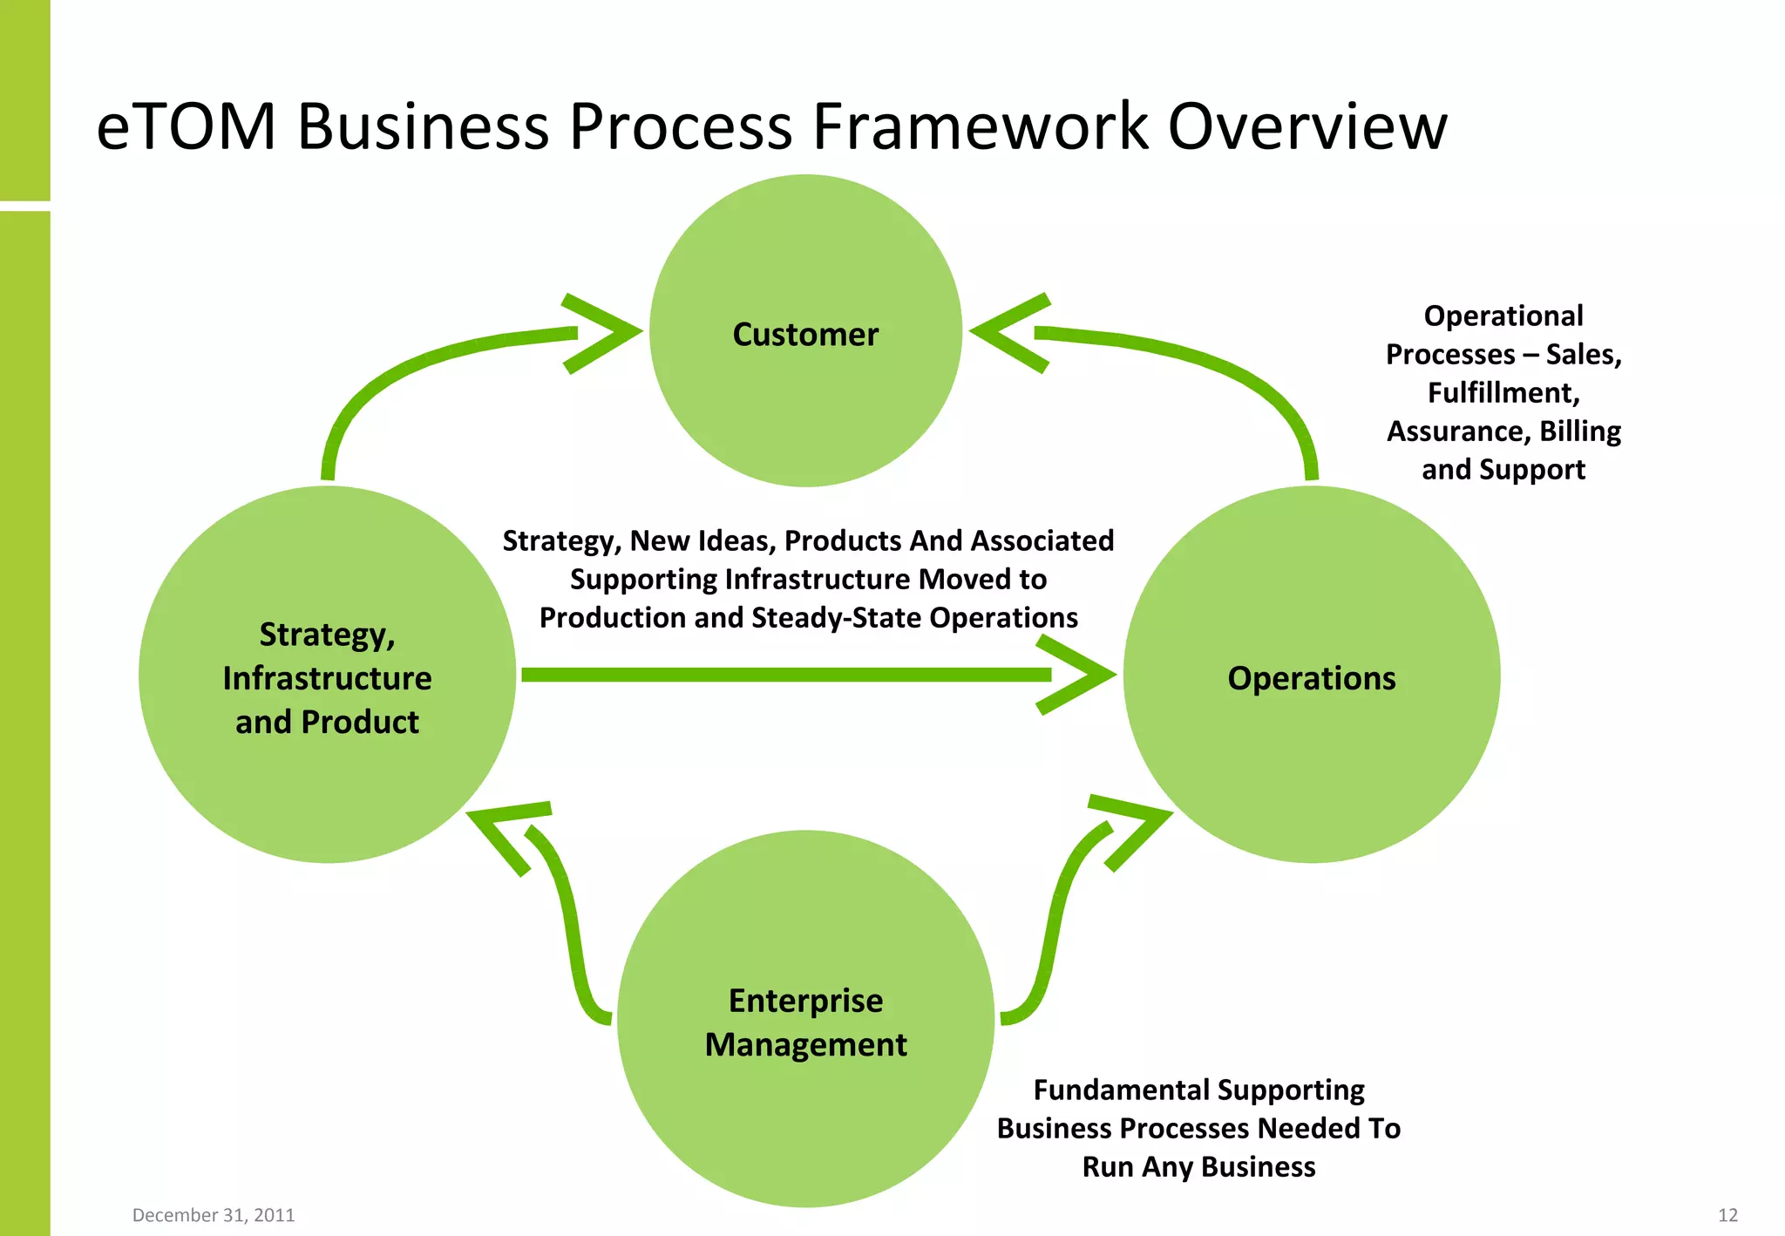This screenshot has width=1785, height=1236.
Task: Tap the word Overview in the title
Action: click(x=1307, y=127)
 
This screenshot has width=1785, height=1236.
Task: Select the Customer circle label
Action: click(x=805, y=335)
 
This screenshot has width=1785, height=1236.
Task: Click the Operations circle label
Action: click(x=1311, y=678)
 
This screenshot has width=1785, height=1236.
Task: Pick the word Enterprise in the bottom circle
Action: click(x=805, y=1001)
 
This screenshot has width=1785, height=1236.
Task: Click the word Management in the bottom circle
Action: click(x=805, y=1044)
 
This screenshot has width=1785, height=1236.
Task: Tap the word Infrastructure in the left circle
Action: click(x=327, y=678)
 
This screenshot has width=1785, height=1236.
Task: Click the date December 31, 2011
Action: click(x=214, y=1215)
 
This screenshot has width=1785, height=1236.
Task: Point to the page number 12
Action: click(x=1727, y=1215)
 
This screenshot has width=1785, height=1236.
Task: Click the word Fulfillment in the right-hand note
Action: click(x=1503, y=393)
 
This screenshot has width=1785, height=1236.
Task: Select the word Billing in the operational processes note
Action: click(x=1579, y=431)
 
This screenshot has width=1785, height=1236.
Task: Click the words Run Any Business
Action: click(x=1198, y=1167)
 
